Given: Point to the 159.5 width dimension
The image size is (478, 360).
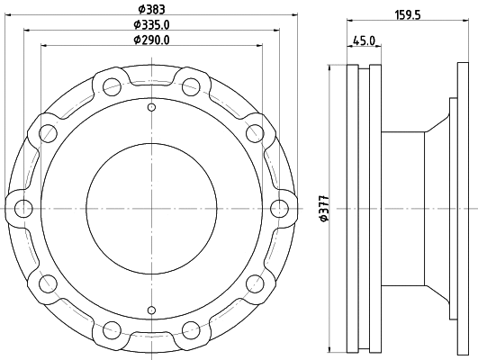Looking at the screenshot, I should tap(410, 13).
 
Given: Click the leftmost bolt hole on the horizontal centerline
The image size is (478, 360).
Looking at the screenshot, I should tap(23, 209).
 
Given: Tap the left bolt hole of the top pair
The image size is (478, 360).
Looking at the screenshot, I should tap(113, 87).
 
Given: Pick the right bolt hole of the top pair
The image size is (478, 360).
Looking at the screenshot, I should tap(190, 87).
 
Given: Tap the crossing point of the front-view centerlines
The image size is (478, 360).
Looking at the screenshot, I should tap(151, 209).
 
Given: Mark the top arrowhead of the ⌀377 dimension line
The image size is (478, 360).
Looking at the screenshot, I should tap(332, 68).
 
